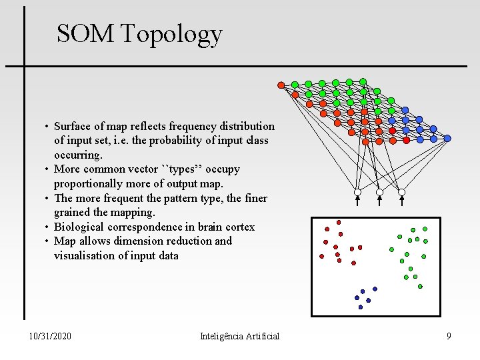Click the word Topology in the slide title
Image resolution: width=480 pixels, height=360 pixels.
point(171,34)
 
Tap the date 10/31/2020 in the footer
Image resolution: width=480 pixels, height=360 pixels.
point(51,336)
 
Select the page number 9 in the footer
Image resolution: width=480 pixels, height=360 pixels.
point(449,336)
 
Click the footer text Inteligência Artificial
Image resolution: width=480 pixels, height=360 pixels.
point(239,336)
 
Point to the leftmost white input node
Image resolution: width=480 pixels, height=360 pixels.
point(357,192)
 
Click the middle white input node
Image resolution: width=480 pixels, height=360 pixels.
point(379,192)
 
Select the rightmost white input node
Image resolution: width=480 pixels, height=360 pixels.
point(401,192)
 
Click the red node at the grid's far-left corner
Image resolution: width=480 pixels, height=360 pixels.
point(281,85)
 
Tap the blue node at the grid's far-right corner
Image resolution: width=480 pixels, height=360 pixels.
point(447,138)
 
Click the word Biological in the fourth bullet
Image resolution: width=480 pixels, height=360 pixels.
point(78,227)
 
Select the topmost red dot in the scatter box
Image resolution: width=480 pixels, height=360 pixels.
point(339,222)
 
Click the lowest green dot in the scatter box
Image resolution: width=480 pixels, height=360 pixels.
point(420,287)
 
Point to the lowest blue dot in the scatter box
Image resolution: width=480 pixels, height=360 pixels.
point(361,307)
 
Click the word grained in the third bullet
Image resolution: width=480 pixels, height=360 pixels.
point(73,212)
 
